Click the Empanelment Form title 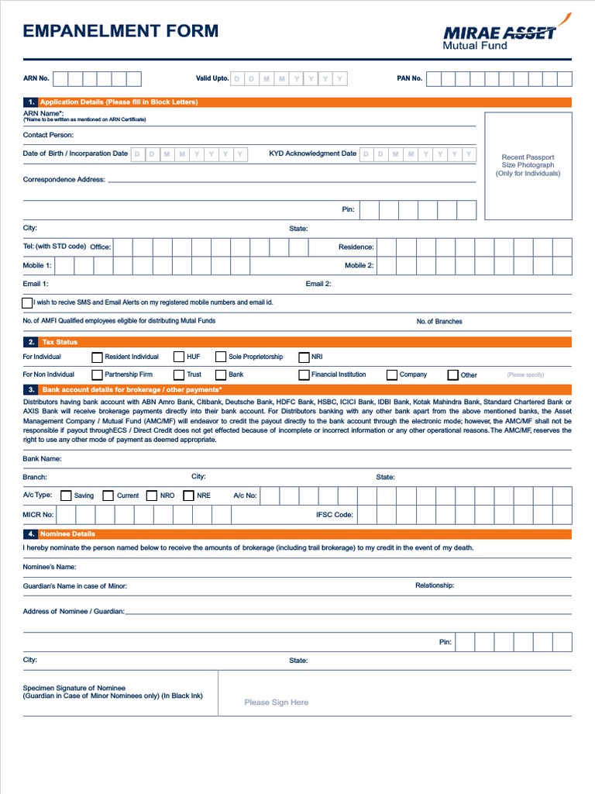(x=121, y=31)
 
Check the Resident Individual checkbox (x=97, y=357)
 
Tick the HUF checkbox (x=179, y=357)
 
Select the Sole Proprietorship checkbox (x=221, y=357)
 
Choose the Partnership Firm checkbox (x=97, y=375)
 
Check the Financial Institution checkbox (x=304, y=375)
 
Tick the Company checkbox (x=392, y=375)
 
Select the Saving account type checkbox (x=66, y=495)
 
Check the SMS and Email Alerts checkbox (x=28, y=302)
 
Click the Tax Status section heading (x=60, y=342)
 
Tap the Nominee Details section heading (x=69, y=534)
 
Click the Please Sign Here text (x=276, y=703)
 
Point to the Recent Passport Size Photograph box (x=528, y=166)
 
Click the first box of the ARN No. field (x=60, y=78)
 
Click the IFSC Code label (x=335, y=515)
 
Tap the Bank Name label (x=42, y=459)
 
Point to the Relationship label (x=435, y=585)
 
